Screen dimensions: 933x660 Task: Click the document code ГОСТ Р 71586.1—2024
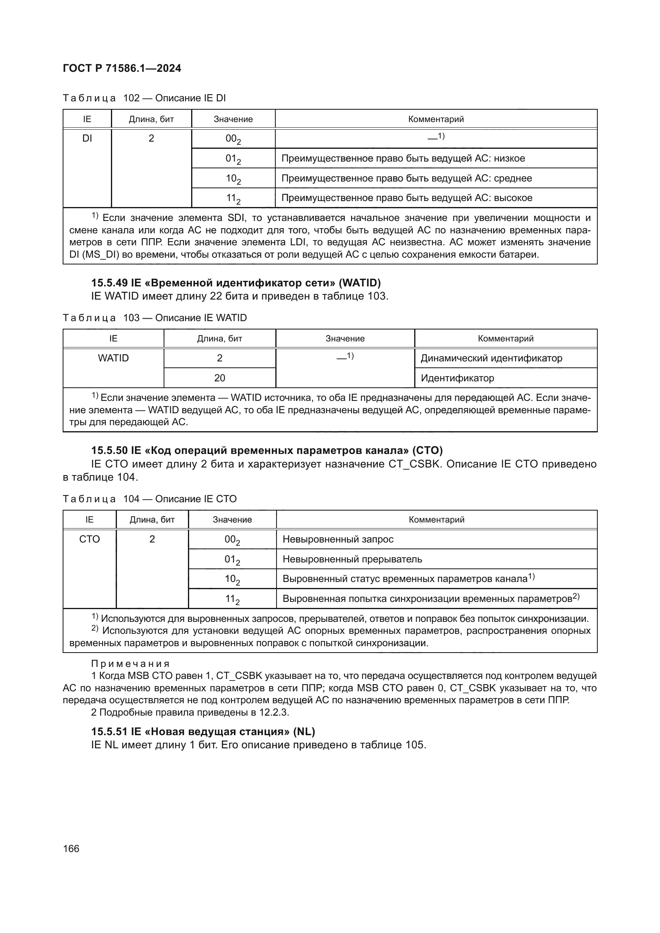[x=122, y=68]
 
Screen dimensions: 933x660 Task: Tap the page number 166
[x=71, y=848]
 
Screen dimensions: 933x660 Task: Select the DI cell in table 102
[x=87, y=138]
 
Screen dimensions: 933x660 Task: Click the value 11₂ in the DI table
[x=233, y=199]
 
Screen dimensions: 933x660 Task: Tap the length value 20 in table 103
[x=219, y=378]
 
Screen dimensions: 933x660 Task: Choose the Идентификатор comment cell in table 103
[x=457, y=378]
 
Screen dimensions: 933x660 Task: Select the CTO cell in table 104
[x=89, y=539]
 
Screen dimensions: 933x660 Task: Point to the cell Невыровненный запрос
[x=338, y=539]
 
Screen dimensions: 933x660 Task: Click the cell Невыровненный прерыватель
[x=352, y=559]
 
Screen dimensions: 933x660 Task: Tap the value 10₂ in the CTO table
[x=233, y=580]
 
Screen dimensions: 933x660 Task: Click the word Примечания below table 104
[x=130, y=664]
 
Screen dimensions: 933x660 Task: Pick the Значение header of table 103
[x=345, y=339]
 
